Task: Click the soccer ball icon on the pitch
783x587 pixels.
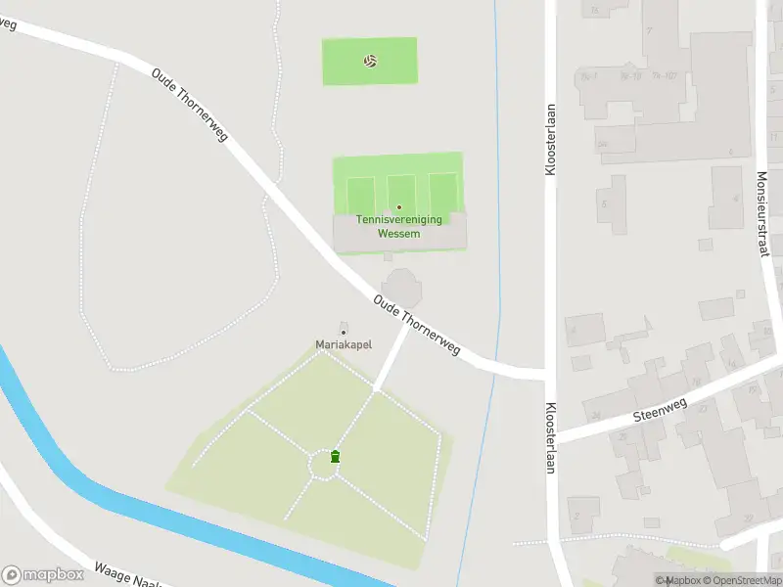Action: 370,61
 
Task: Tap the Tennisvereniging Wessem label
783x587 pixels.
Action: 398,227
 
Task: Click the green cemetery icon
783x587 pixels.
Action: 336,456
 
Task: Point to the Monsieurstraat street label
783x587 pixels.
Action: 762,214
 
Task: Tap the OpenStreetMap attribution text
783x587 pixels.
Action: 741,580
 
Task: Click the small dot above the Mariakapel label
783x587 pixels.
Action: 343,333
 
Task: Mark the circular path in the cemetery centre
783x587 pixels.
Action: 324,465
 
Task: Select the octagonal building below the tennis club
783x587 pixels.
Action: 399,289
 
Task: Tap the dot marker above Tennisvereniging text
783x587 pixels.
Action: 398,207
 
